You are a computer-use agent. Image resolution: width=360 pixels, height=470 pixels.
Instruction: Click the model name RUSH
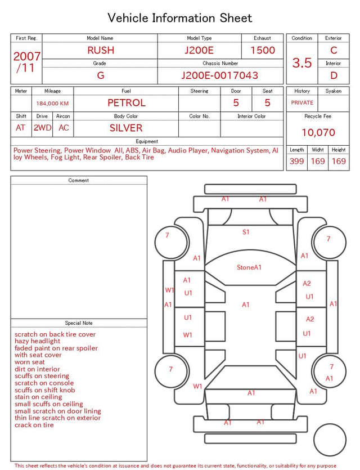point(101,50)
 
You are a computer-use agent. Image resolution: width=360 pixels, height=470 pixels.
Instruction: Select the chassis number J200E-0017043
point(220,75)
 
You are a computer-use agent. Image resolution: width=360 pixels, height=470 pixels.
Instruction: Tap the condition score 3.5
point(302,62)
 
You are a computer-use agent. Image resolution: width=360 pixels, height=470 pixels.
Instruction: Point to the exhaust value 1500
point(263,50)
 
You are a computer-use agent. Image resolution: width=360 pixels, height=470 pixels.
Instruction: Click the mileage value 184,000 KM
point(52,104)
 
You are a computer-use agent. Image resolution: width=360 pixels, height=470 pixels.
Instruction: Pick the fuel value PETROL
point(127,103)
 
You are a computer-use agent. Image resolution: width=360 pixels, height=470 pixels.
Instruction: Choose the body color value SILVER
point(126,128)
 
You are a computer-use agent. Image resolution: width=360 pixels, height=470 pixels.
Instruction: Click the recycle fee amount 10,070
point(318,132)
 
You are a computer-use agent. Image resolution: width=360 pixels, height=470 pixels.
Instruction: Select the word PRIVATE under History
point(302,102)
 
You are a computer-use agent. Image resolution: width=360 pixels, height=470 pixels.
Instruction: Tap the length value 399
point(297,161)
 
